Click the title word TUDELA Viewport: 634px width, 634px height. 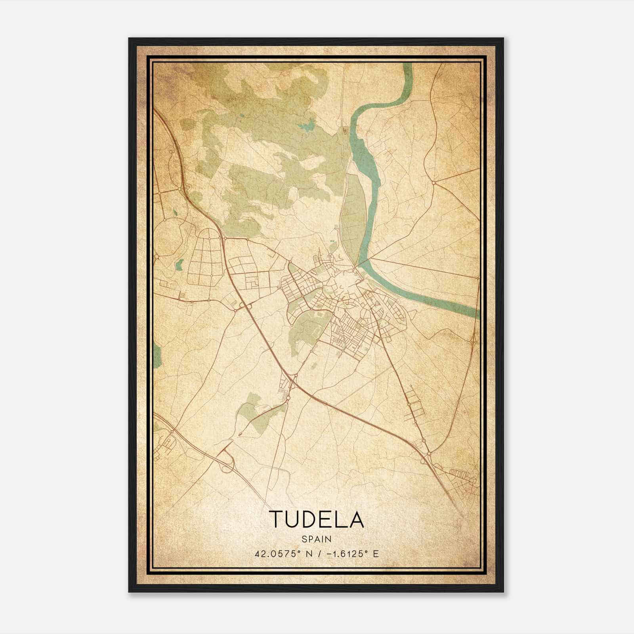coord(316,519)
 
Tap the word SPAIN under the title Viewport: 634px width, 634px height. coord(316,539)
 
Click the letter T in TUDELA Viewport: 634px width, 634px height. coord(276,519)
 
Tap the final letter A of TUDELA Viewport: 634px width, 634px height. coord(356,519)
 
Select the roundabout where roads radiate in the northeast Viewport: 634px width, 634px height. coord(434,183)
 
